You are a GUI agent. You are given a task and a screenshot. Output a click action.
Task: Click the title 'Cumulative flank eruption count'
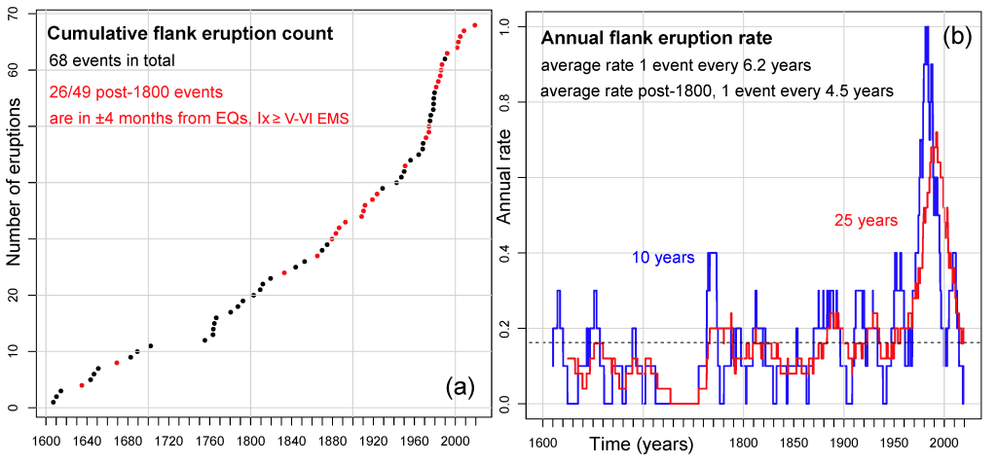pos(192,34)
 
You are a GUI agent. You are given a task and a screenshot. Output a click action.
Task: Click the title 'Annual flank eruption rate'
pos(656,39)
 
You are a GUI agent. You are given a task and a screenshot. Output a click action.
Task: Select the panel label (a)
pos(459,387)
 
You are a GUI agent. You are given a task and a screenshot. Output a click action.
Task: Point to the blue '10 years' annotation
pos(663,258)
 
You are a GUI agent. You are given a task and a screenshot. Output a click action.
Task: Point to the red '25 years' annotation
pos(865,221)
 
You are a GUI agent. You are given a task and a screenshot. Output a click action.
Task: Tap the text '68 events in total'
pos(112,61)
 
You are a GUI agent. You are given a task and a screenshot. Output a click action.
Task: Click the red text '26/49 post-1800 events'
pos(136,92)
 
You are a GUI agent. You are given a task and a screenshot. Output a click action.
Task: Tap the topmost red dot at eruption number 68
pos(474,25)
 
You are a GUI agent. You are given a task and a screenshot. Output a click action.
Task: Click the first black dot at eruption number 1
pos(54,402)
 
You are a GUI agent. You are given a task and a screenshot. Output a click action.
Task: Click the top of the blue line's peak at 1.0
pos(927,27)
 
